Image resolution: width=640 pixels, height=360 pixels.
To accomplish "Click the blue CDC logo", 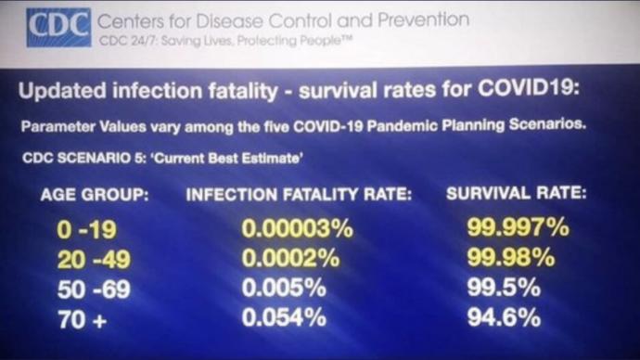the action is (x=58, y=27).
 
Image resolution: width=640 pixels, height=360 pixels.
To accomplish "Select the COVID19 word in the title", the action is (x=528, y=87).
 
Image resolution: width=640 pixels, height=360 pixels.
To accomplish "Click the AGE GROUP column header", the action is (x=95, y=195).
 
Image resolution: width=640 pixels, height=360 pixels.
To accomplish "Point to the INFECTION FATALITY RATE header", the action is (x=299, y=194).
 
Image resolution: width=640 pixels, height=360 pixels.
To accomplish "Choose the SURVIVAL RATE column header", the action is (x=517, y=193).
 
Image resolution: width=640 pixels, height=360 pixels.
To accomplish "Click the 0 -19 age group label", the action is (x=86, y=229).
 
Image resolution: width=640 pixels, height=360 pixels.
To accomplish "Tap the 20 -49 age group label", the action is (x=94, y=259).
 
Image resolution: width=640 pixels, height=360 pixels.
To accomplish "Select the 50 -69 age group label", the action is (x=94, y=289).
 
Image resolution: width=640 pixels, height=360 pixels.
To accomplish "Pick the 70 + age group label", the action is (x=82, y=319).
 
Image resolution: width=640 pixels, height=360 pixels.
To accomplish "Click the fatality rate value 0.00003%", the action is (x=297, y=228).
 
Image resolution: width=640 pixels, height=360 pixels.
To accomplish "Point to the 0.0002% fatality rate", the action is (x=290, y=258).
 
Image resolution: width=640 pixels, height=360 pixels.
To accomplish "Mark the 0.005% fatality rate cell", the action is (x=284, y=288).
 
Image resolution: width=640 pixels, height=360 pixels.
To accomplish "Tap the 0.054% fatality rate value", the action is (x=284, y=317).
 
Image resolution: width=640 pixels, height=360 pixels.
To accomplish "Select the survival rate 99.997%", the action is (x=518, y=227).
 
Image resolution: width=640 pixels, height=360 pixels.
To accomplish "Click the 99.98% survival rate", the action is (x=511, y=258).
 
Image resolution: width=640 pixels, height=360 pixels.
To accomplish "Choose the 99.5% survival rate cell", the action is (x=504, y=288).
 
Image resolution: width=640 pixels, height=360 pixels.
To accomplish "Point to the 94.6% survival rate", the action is (x=504, y=317).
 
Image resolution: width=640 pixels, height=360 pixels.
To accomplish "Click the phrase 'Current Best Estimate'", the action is (x=227, y=159).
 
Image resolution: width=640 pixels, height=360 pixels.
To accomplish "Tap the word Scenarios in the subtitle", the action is (x=547, y=124).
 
